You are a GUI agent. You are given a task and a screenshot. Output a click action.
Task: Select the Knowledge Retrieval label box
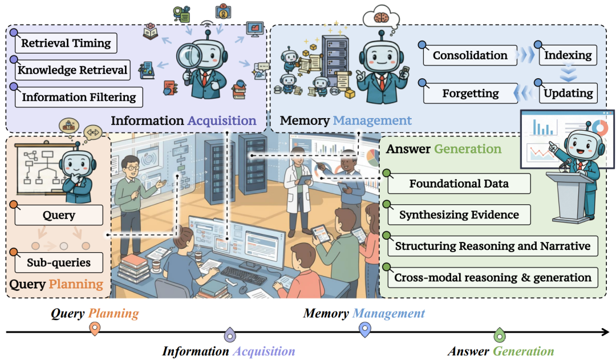[x=72, y=70]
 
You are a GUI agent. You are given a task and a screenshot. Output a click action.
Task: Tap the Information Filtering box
[x=78, y=97]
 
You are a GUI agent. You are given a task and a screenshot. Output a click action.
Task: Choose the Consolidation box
[x=469, y=55]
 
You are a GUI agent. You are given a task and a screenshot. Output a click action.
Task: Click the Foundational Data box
[x=459, y=184]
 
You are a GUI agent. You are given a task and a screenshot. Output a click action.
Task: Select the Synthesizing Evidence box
[x=459, y=215]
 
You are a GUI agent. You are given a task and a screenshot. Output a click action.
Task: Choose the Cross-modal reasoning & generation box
[x=492, y=278]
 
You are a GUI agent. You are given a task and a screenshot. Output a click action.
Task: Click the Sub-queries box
[x=58, y=263]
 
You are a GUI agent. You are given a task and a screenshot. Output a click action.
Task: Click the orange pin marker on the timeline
[x=95, y=329]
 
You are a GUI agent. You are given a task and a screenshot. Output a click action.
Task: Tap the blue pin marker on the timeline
[x=364, y=329]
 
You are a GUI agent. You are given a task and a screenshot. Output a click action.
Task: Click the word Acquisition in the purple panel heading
[x=222, y=120]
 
